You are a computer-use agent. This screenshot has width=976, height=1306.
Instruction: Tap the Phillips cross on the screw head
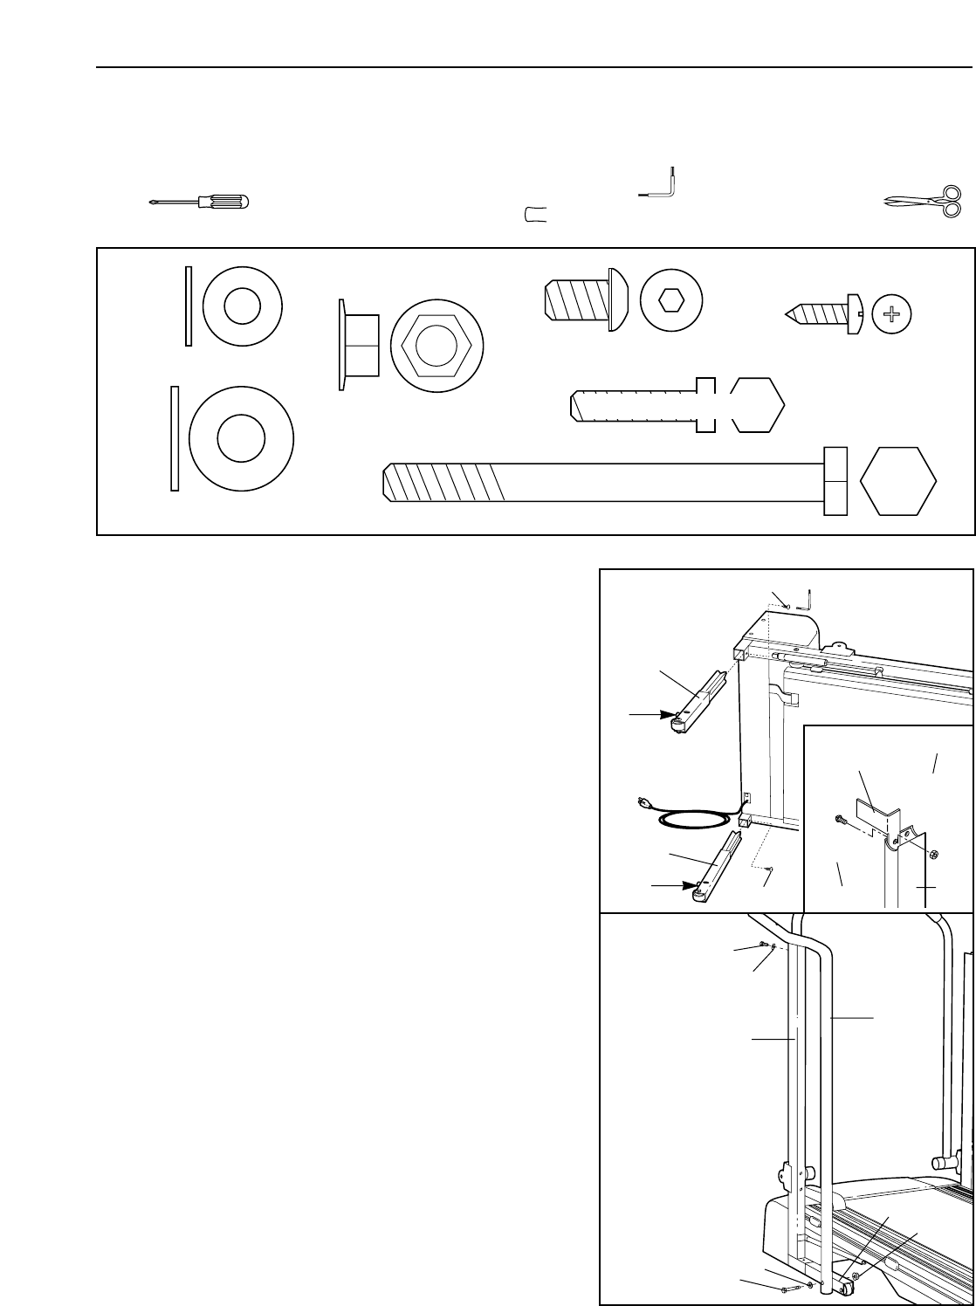pos(890,313)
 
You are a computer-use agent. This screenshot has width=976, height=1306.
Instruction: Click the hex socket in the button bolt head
pos(671,301)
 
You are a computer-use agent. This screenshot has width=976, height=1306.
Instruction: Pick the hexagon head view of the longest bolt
pos(898,481)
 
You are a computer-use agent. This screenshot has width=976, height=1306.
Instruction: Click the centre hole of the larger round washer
pos(240,439)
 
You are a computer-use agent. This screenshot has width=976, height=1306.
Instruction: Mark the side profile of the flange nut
pos(359,345)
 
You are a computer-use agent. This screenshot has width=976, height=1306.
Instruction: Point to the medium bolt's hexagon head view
pos(757,405)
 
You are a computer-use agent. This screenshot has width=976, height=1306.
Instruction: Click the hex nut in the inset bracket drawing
pos(931,853)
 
